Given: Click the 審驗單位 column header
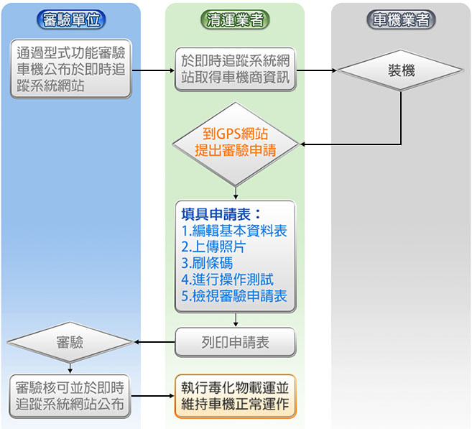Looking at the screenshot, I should (x=71, y=20).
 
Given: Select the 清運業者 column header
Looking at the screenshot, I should (x=235, y=20).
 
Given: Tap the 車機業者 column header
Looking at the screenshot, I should (x=402, y=20).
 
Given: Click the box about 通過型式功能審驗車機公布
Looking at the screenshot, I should (x=71, y=69).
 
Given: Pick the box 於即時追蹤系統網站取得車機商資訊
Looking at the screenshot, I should (x=236, y=70).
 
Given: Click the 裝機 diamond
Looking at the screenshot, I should (x=401, y=70).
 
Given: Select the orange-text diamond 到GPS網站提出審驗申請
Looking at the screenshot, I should (x=236, y=141).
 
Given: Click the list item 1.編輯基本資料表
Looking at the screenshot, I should (x=234, y=231).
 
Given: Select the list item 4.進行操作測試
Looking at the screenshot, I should (x=227, y=280).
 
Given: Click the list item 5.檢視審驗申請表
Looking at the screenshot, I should (x=234, y=296).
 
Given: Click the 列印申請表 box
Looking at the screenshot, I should (x=235, y=342).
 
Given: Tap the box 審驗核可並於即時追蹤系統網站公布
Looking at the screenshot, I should (x=71, y=395).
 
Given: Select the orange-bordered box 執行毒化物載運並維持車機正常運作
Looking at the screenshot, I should (x=235, y=395).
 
